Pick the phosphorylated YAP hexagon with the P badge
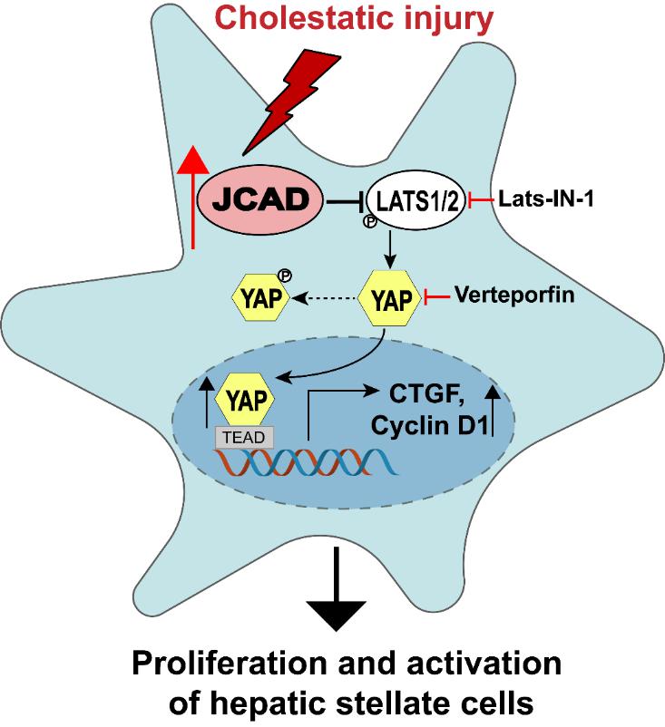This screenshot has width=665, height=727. [258, 296]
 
